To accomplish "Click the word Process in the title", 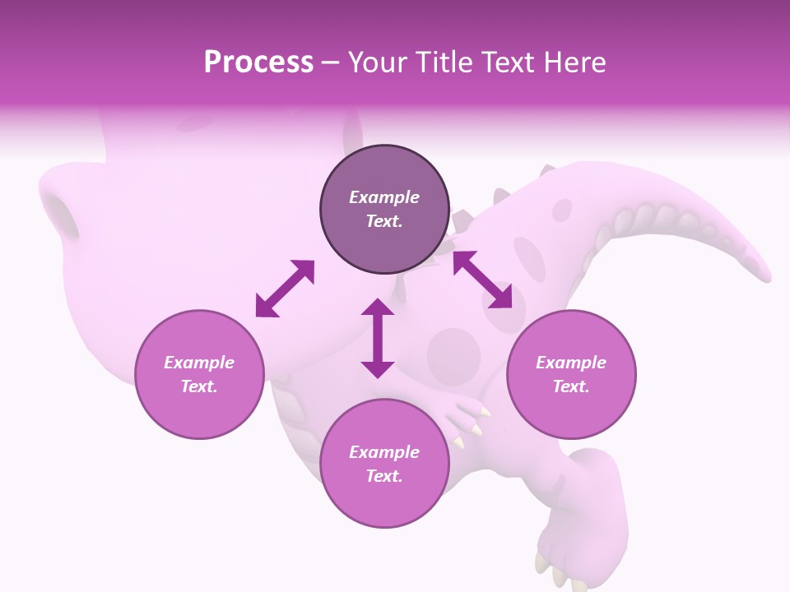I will click(258, 62).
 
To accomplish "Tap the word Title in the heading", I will click(445, 62).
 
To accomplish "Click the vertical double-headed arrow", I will click(378, 338).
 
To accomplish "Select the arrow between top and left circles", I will click(285, 289).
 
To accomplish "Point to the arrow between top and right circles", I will click(482, 280).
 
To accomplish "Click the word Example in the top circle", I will click(384, 197).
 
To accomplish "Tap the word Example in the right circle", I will click(571, 363).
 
